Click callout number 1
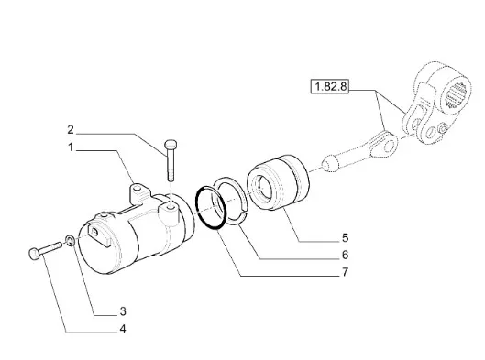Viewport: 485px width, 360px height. pos(71,147)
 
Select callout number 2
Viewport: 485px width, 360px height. pos(71,130)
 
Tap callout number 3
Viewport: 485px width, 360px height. pos(123,311)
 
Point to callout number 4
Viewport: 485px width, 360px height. pos(123,329)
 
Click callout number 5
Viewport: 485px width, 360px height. pos(346,237)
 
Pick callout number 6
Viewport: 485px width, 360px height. pos(346,255)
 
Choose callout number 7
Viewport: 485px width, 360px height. pos(346,272)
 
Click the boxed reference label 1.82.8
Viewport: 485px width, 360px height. pos(330,86)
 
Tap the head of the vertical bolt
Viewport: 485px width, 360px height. pos(171,144)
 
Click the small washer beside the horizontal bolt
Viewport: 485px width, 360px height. pos(71,240)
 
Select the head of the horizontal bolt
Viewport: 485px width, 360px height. pos(33,254)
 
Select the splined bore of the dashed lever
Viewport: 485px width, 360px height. pos(456,97)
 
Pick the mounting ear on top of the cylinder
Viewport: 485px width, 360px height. pos(138,194)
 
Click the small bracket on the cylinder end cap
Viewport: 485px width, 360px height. pos(99,235)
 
